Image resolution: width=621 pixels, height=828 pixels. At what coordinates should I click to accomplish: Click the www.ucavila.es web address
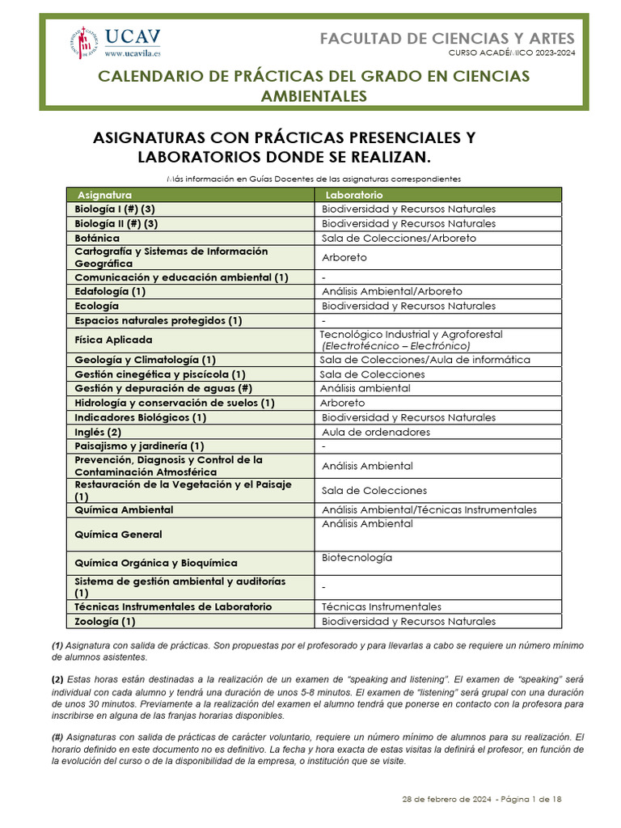pyautogui.click(x=133, y=53)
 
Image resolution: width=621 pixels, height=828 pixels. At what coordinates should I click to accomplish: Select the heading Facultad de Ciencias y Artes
pyautogui.click(x=447, y=38)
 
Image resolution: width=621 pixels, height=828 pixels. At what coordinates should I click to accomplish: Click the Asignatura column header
pyautogui.click(x=104, y=195)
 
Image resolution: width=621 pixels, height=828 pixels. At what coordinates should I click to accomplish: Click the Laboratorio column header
pyautogui.click(x=354, y=195)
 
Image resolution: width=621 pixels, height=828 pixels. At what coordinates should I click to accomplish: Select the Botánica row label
pyautogui.click(x=97, y=238)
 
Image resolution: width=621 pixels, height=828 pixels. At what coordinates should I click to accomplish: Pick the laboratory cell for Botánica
pyautogui.click(x=399, y=238)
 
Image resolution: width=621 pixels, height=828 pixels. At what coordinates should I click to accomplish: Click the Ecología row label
pyautogui.click(x=96, y=306)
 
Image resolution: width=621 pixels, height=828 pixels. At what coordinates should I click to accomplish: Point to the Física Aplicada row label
pyautogui.click(x=113, y=340)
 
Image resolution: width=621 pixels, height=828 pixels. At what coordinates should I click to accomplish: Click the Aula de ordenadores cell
pyautogui.click(x=375, y=432)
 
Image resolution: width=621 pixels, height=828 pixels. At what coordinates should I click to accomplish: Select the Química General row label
pyautogui.click(x=118, y=534)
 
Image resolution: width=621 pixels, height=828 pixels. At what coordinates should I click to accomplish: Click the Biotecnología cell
pyautogui.click(x=357, y=558)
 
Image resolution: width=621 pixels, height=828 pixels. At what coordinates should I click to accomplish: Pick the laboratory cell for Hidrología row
pyautogui.click(x=342, y=403)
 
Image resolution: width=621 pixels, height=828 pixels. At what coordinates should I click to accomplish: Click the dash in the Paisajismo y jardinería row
pyautogui.click(x=323, y=446)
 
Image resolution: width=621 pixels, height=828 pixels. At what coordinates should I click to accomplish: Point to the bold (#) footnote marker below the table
pyautogui.click(x=57, y=737)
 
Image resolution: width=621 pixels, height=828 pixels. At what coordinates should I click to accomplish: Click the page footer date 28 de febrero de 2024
pyautogui.click(x=446, y=799)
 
